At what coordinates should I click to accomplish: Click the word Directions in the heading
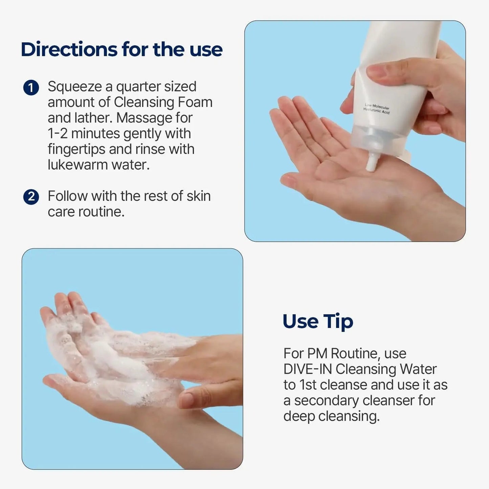click(69, 49)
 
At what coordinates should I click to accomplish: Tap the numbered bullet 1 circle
click(31, 88)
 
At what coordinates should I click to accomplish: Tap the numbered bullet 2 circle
click(31, 197)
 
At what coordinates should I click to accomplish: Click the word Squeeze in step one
click(74, 87)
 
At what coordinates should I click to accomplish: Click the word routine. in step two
click(101, 212)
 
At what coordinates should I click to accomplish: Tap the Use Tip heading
click(318, 321)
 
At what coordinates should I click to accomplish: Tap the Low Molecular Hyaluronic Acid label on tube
click(376, 109)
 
